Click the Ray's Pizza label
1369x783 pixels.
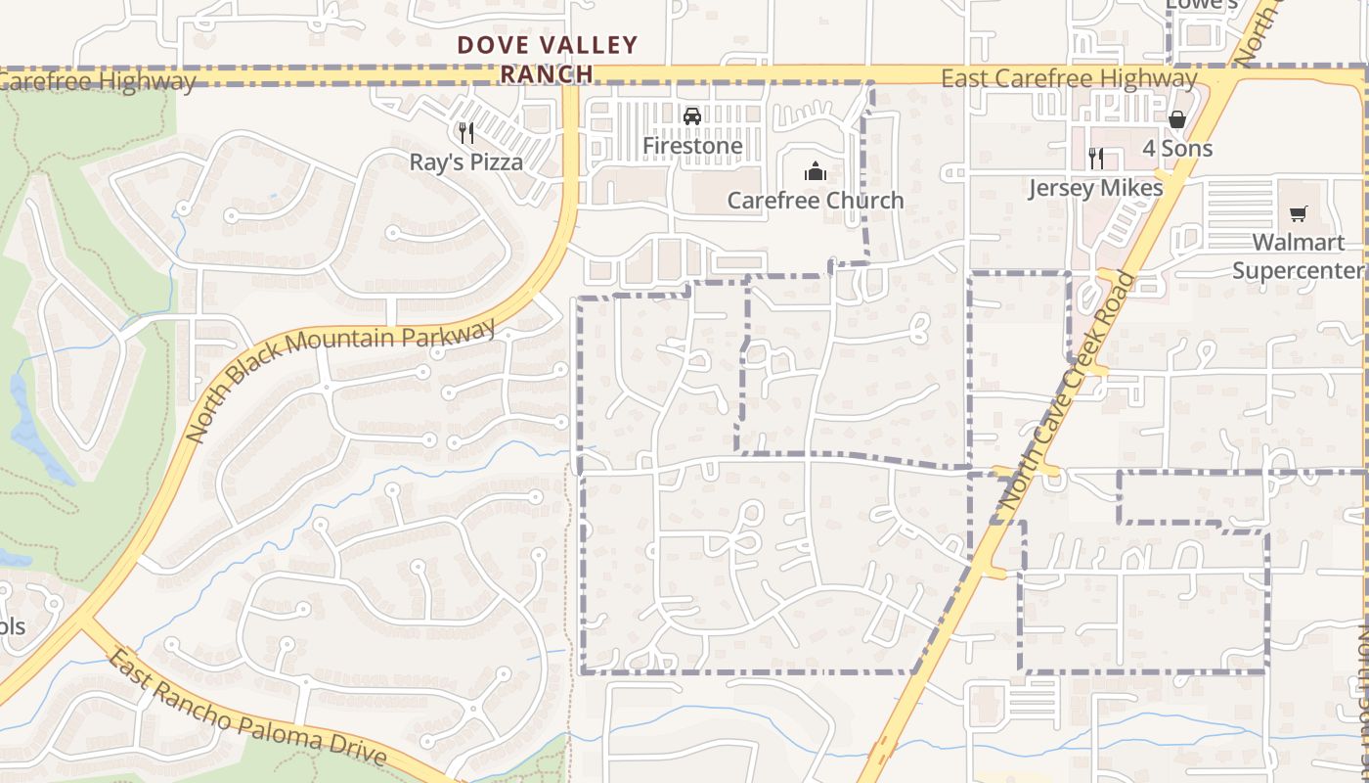point(465,161)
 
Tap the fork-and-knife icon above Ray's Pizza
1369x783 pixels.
point(465,132)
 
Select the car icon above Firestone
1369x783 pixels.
point(692,116)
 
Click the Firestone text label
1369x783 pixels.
point(692,146)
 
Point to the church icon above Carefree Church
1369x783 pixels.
point(815,172)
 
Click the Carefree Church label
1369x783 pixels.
point(815,201)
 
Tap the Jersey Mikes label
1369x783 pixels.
point(1095,188)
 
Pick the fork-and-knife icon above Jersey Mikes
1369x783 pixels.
point(1095,158)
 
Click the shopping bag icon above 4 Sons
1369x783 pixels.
point(1177,119)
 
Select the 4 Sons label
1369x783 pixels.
point(1177,149)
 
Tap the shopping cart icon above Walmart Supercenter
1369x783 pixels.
point(1298,213)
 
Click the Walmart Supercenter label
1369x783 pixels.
point(1298,255)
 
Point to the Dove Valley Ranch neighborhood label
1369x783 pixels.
point(548,59)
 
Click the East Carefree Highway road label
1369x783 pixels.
point(1069,78)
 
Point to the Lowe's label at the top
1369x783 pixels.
point(1202,5)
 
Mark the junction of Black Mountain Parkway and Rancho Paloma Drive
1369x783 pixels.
point(82,621)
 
